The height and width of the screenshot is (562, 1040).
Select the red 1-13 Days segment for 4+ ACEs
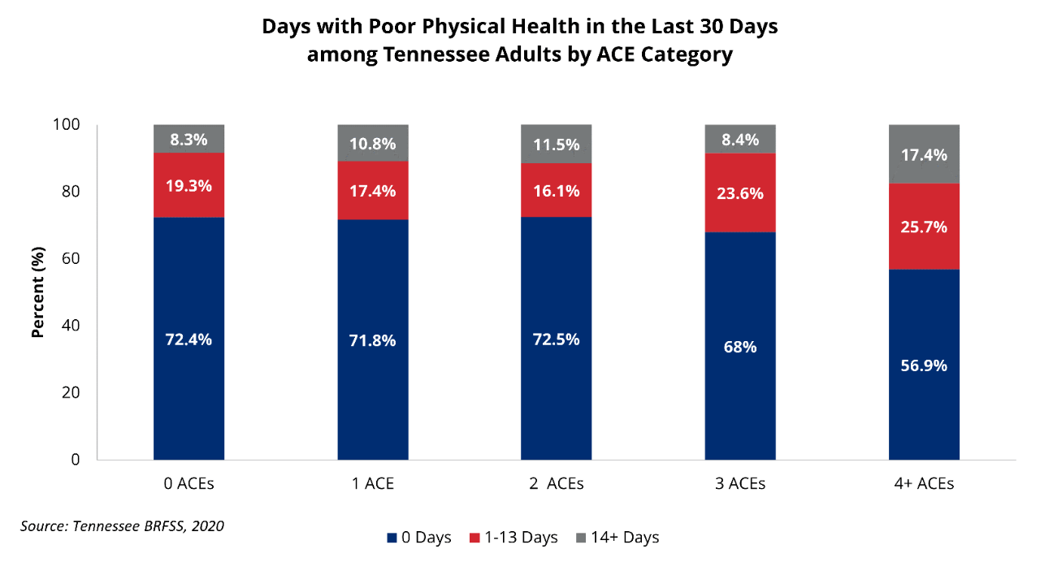click(x=924, y=244)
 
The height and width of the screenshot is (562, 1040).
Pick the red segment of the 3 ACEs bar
click(x=740, y=211)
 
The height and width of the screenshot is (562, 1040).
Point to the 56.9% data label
click(x=924, y=365)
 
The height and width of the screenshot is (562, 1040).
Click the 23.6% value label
click(x=740, y=194)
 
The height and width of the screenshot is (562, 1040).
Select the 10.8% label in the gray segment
click(x=372, y=145)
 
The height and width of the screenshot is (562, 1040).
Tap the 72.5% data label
click(x=556, y=339)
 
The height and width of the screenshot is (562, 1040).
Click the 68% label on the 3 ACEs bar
click(x=740, y=347)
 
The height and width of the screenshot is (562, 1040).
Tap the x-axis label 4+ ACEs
click(x=924, y=485)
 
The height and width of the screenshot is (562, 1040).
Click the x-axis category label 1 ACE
click(x=372, y=485)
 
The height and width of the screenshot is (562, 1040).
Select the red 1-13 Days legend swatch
click(x=476, y=538)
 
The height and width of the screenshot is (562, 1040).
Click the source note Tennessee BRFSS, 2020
click(x=122, y=525)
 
